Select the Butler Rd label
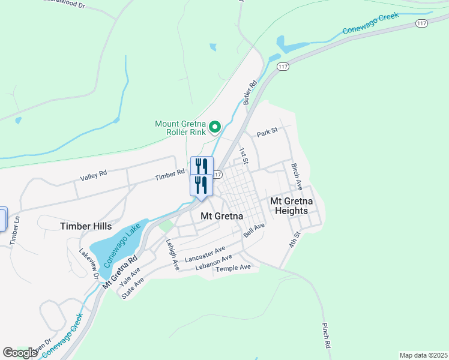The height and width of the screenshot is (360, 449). (250, 92)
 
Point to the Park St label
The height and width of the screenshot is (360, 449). (268, 132)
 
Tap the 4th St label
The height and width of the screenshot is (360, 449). (293, 239)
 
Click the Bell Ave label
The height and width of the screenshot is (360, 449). (254, 230)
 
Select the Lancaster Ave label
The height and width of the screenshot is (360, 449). (205, 254)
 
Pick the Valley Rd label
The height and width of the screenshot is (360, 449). (94, 175)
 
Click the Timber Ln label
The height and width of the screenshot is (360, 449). (15, 230)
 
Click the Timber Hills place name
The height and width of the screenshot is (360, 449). (86, 226)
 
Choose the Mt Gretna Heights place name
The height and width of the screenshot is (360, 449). (290, 206)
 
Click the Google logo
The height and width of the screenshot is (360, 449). (20, 353)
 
